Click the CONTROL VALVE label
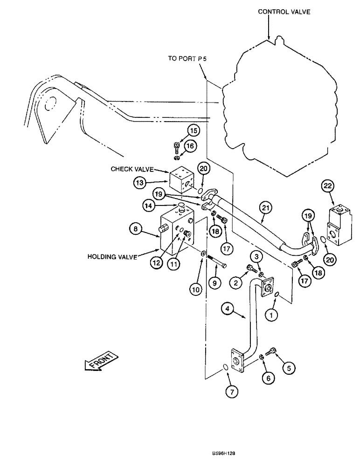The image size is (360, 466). [x=284, y=12]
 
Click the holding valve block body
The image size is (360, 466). [x=179, y=230]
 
